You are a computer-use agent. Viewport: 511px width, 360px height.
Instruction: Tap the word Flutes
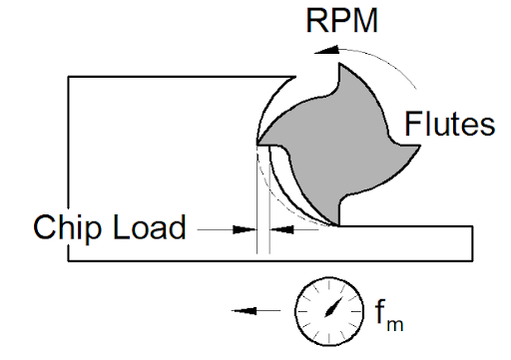coord(450,124)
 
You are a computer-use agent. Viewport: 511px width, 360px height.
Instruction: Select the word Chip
coord(69,227)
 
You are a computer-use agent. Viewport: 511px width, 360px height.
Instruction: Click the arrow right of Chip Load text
coord(236,228)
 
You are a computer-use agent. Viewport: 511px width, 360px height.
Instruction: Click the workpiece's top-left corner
coord(69,77)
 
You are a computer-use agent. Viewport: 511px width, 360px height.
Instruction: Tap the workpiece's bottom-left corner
coord(69,261)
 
